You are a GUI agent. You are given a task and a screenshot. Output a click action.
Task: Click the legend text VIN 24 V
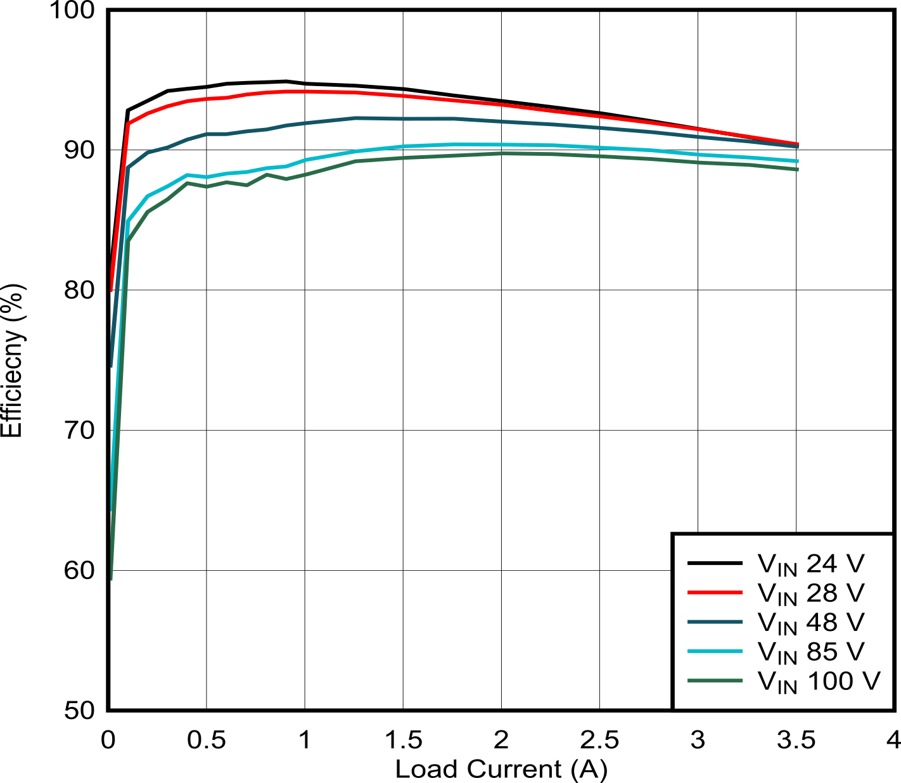pos(811,563)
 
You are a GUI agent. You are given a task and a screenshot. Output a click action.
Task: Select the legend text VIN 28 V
pos(811,593)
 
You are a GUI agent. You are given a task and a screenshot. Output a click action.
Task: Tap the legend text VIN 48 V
pos(811,622)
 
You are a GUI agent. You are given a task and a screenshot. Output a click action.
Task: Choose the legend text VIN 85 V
pos(811,652)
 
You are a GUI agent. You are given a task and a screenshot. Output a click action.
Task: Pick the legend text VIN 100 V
pos(819,681)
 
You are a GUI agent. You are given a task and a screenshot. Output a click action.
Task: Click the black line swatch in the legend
pos(715,563)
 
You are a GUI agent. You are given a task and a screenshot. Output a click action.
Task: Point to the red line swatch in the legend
pos(715,592)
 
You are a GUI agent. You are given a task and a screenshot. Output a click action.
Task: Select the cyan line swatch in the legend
pos(715,651)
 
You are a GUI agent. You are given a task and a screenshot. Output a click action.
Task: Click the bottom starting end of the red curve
pos(112,291)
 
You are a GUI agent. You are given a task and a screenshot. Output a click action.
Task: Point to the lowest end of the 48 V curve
pos(112,366)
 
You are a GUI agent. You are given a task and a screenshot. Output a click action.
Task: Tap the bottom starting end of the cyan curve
pos(112,509)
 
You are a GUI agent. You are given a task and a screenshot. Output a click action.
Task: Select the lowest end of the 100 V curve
pos(112,578)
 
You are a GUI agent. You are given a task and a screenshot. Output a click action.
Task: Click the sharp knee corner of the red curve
pos(128,124)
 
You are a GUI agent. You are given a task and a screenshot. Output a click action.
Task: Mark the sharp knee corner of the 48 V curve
pos(128,168)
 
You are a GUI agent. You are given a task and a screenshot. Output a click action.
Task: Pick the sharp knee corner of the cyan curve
pos(128,222)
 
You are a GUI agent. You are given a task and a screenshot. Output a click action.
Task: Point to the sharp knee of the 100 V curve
pos(128,241)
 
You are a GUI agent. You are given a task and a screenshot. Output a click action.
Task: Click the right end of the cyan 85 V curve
pos(798,162)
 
